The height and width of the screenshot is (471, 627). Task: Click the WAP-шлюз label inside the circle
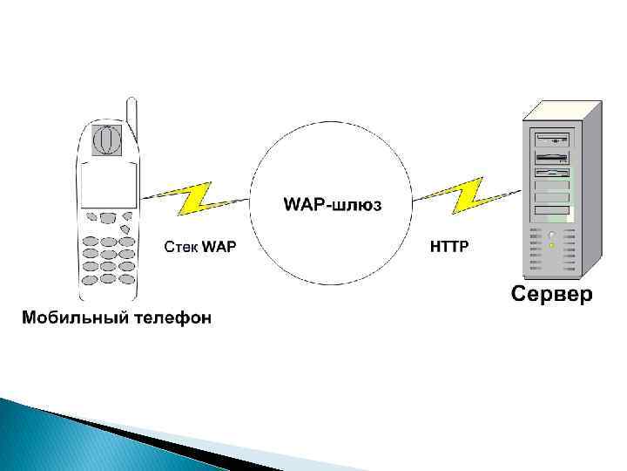click(x=333, y=205)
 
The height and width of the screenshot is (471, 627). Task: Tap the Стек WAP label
click(x=199, y=247)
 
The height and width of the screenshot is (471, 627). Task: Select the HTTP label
click(x=449, y=247)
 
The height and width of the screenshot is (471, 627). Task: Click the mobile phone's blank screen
click(x=108, y=184)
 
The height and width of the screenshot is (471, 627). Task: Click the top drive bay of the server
click(x=552, y=139)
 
